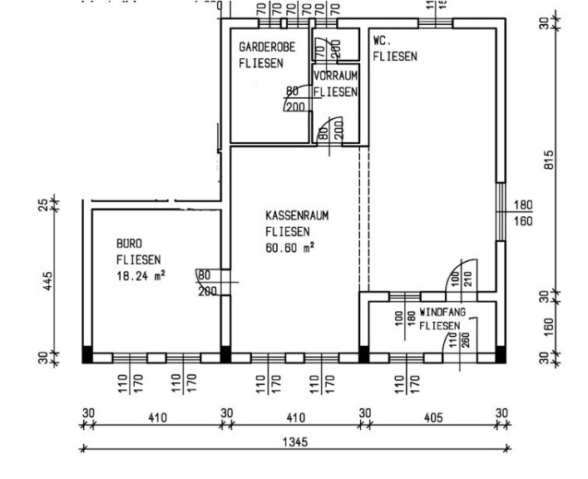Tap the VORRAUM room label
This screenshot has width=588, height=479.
click(x=336, y=77)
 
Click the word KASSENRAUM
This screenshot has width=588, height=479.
click(x=298, y=215)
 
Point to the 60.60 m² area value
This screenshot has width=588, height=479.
click(x=289, y=248)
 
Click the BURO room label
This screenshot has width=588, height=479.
click(x=129, y=244)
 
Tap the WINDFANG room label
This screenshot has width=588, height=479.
click(x=442, y=312)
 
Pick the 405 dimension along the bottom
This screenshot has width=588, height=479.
click(x=432, y=417)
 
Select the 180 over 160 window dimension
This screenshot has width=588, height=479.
click(x=523, y=213)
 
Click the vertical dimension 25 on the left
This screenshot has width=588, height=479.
click(x=43, y=203)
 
